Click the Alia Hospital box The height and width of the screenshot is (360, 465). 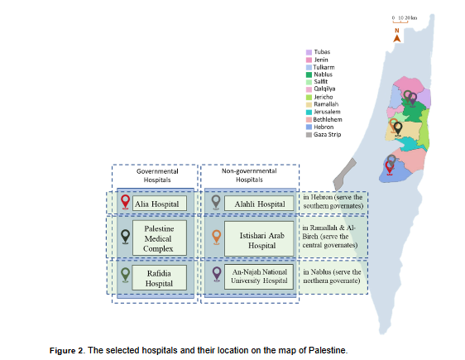(x=160, y=204)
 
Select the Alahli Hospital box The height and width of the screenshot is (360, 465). (x=259, y=204)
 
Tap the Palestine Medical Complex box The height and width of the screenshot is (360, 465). (x=160, y=238)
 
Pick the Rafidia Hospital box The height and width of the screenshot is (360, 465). (x=159, y=277)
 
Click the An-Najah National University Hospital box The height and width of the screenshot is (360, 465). (x=259, y=276)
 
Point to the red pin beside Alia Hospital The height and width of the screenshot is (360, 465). (x=126, y=202)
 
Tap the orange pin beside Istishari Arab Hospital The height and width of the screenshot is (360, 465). (x=217, y=238)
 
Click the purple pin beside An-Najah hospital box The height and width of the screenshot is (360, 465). (x=217, y=274)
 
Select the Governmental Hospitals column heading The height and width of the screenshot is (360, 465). (x=157, y=175)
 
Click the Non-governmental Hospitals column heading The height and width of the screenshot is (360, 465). (x=249, y=175)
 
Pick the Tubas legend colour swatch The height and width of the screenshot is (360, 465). (x=309, y=52)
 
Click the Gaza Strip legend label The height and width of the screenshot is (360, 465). (x=328, y=135)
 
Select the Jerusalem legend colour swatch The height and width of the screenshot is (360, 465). (x=309, y=112)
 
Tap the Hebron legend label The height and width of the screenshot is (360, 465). (x=324, y=127)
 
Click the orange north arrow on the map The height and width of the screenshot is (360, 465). (x=397, y=39)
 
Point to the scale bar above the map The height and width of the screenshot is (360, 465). (x=400, y=21)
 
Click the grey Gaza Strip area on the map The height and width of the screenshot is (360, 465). (x=344, y=175)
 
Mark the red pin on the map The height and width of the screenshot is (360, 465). (x=390, y=168)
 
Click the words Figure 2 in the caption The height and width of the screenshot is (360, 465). (x=67, y=351)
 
